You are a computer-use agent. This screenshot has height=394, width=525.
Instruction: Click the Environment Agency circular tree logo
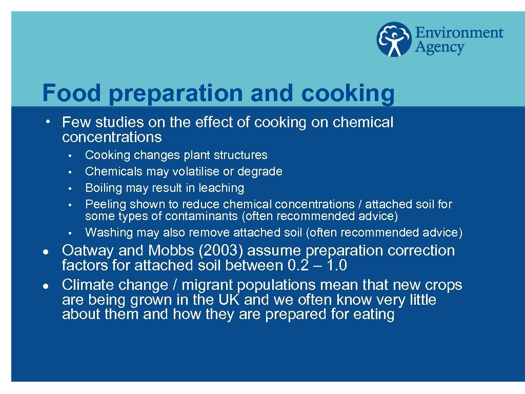pos(394,40)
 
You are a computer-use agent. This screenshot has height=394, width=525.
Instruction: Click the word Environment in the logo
pos(459,33)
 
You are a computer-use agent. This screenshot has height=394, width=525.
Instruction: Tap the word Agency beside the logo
pos(439,48)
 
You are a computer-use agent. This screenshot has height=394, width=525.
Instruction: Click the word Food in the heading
pos(72,93)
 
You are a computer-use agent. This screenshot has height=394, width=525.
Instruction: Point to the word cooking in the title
pos(348,93)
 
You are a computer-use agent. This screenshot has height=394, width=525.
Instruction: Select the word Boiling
pos(102,188)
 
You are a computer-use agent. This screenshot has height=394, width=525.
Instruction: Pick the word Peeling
pos(102,204)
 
